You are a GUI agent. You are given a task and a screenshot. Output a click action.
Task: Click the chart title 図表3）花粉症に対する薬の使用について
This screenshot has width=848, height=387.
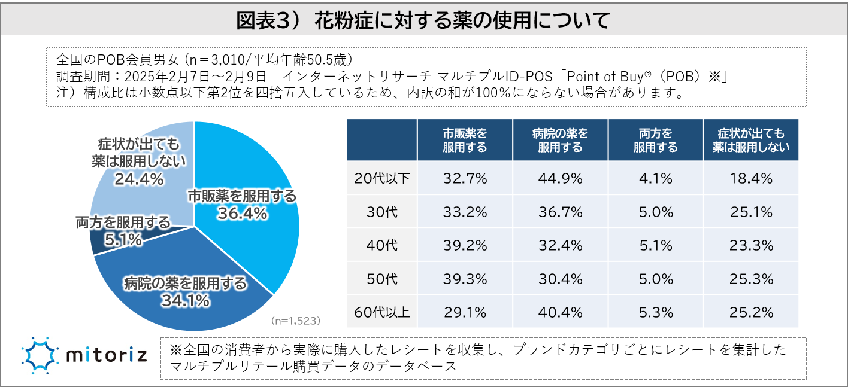click(423, 20)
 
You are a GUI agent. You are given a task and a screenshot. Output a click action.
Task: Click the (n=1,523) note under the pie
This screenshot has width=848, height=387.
click(296, 321)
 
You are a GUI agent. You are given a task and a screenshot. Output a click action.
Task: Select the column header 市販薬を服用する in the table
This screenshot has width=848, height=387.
click(465, 140)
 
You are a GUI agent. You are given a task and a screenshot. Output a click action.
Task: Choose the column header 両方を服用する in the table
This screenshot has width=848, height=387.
click(656, 140)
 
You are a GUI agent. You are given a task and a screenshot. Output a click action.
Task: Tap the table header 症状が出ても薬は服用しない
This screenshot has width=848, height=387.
click(751, 140)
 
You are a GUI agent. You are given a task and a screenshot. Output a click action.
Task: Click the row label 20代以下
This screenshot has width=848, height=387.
click(381, 178)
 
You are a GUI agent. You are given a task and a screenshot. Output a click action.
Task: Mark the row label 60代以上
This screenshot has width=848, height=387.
click(381, 312)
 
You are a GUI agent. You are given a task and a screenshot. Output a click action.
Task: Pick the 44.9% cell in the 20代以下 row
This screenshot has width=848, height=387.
click(560, 178)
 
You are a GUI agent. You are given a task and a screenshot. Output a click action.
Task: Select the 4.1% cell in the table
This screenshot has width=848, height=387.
click(656, 178)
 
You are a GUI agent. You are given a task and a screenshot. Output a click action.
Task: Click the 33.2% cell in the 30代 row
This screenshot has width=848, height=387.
click(465, 211)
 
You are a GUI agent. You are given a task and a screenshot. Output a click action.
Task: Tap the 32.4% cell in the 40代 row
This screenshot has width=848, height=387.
click(560, 245)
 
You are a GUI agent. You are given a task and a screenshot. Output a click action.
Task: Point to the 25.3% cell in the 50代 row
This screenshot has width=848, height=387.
click(751, 278)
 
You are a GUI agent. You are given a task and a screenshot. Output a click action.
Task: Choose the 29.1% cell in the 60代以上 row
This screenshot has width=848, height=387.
click(465, 312)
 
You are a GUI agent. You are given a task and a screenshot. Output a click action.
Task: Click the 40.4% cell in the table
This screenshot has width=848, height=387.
click(560, 312)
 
